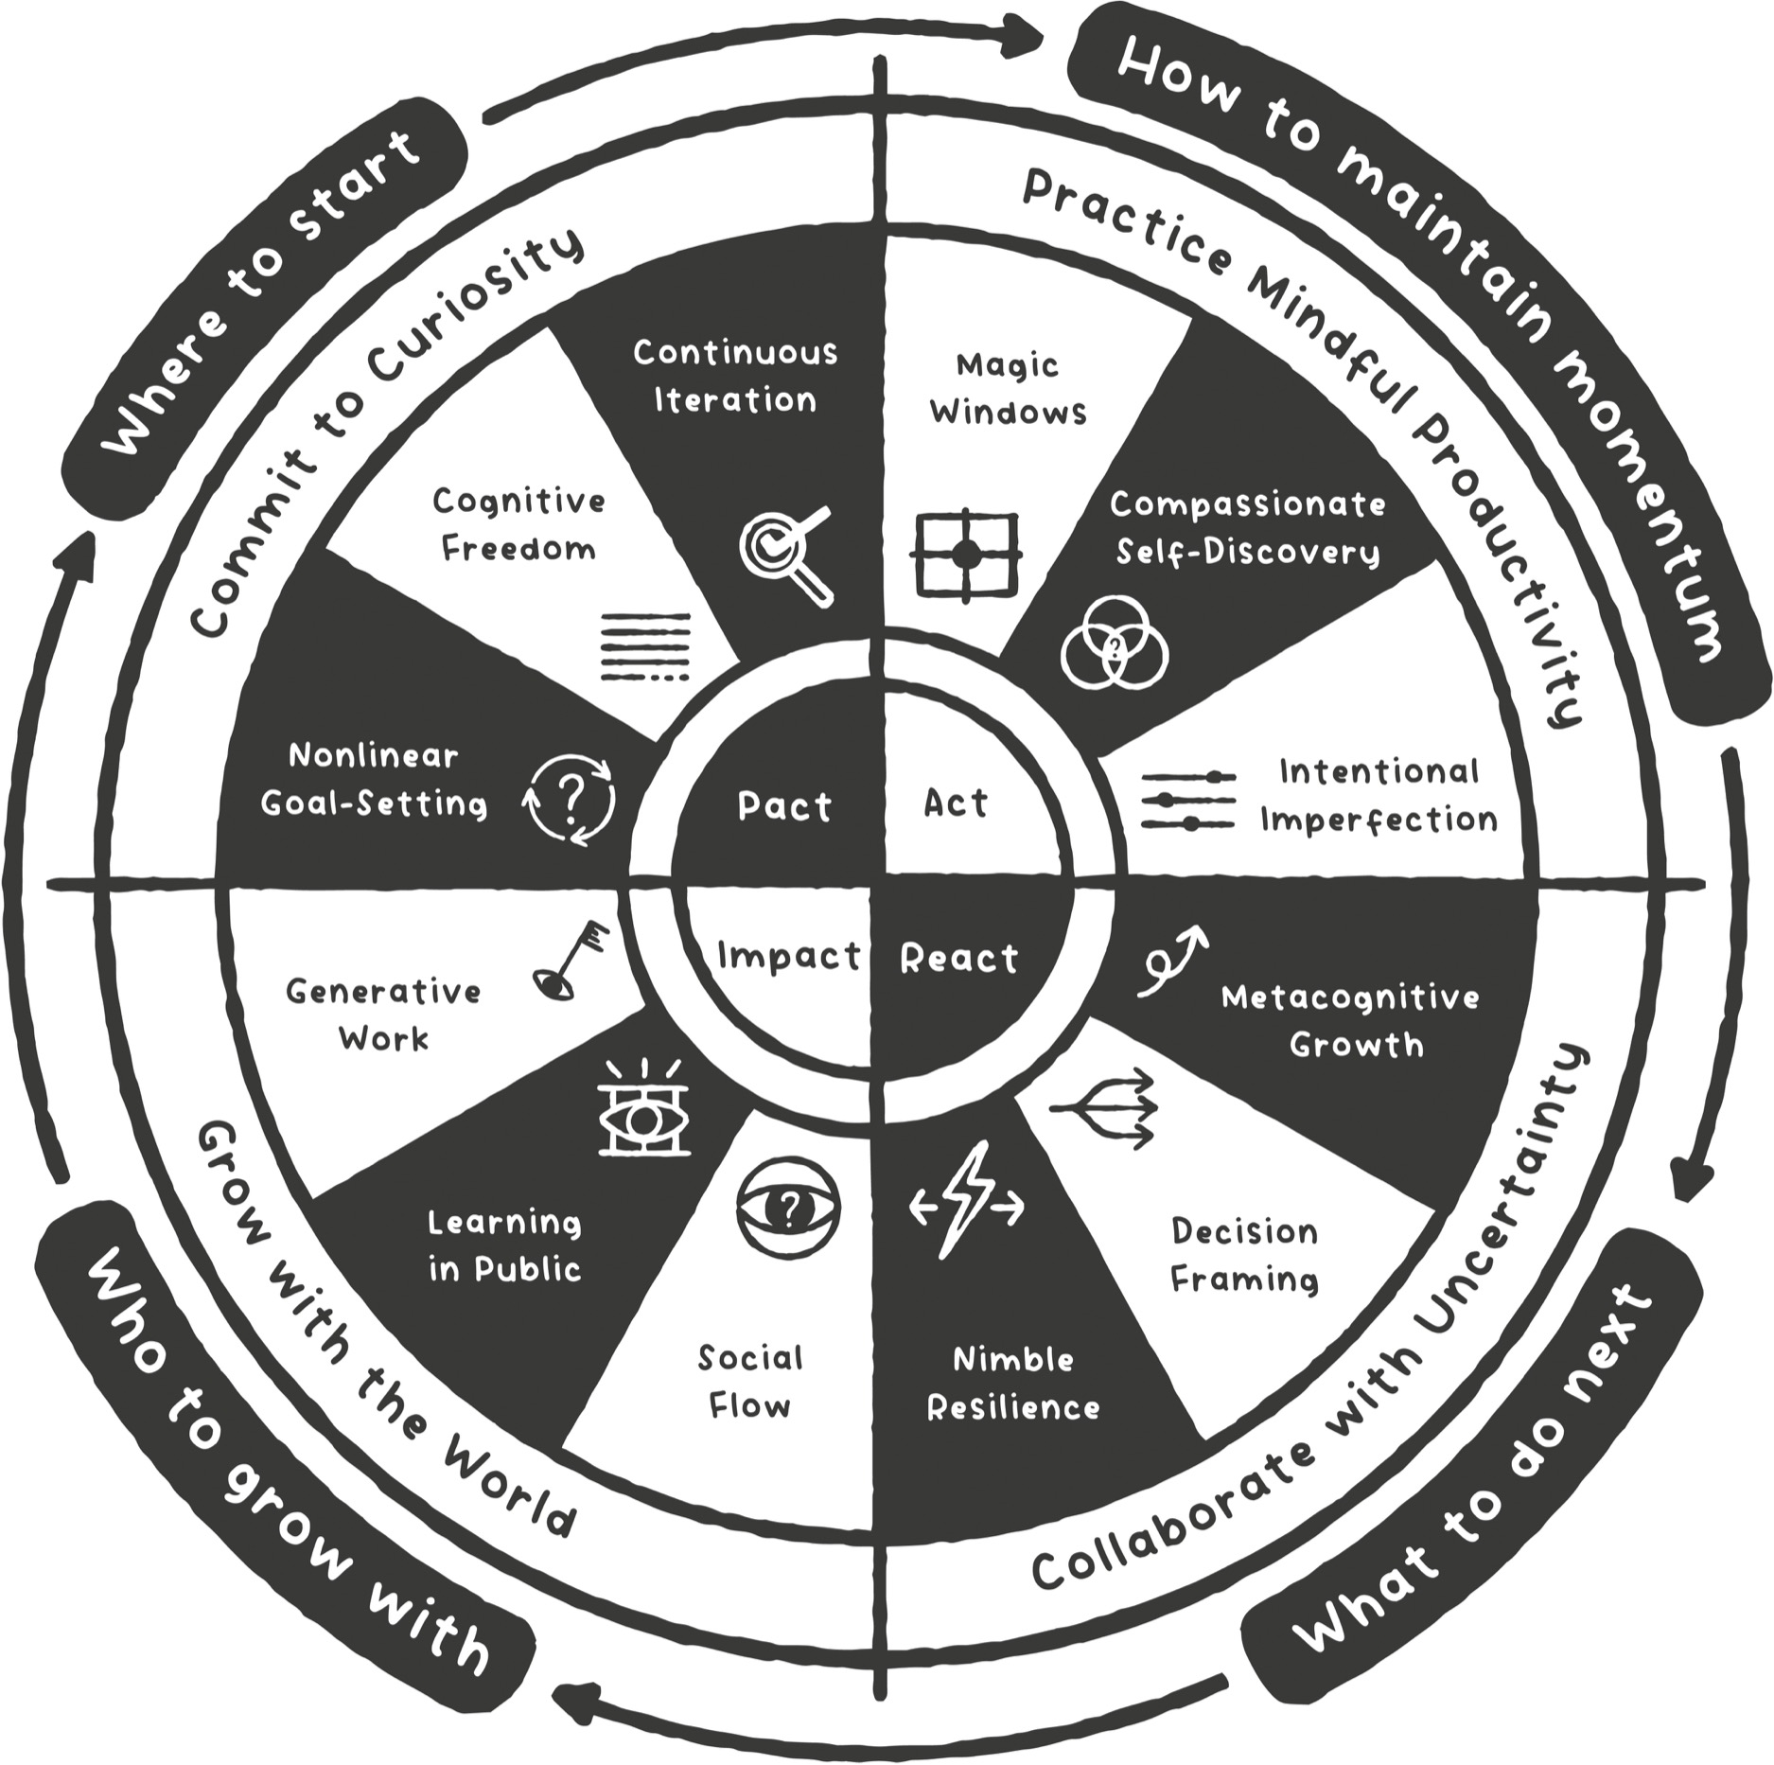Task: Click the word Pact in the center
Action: [x=784, y=806]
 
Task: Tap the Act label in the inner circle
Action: [x=956, y=803]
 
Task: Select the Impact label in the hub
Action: [x=789, y=956]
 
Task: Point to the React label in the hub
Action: [x=958, y=959]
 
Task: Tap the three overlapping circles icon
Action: [x=1115, y=643]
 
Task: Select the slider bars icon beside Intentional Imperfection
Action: [x=1188, y=801]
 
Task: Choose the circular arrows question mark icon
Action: [x=571, y=800]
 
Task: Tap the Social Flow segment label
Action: [x=749, y=1381]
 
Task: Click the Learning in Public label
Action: [x=504, y=1245]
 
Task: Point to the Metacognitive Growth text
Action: [x=1351, y=1021]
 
